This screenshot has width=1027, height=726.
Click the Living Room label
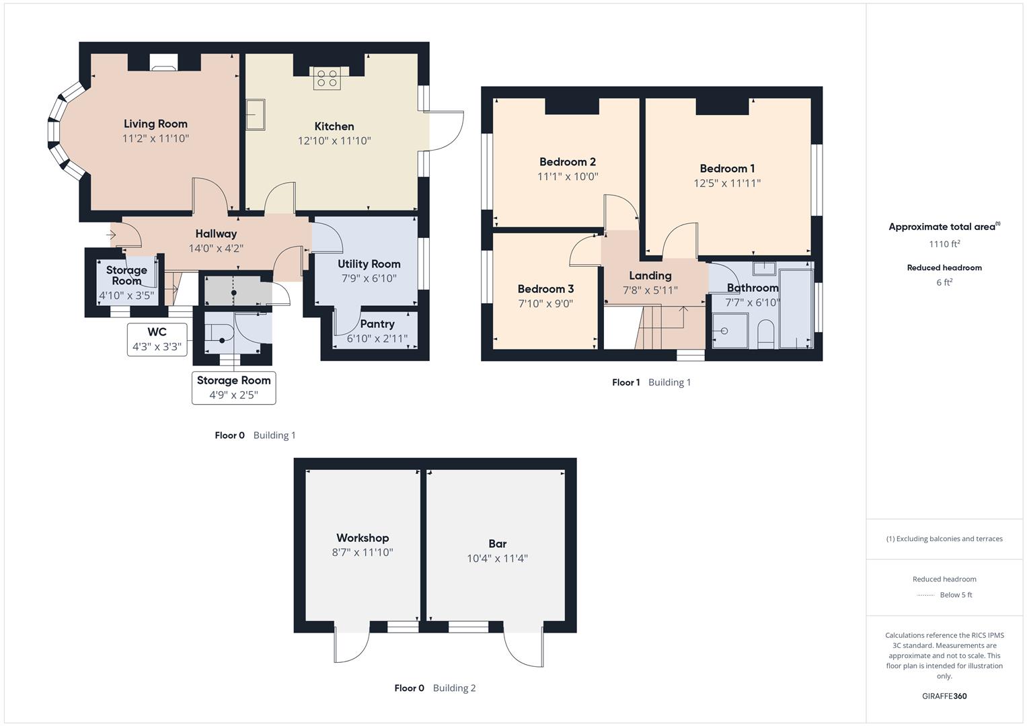pyautogui.click(x=155, y=124)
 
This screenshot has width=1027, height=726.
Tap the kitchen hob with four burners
pyautogui.click(x=327, y=79)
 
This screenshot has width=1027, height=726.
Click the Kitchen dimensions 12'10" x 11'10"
pyautogui.click(x=334, y=141)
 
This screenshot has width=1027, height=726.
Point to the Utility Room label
pyautogui.click(x=369, y=264)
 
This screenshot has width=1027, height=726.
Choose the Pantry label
pyautogui.click(x=377, y=324)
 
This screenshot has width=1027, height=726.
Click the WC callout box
pyautogui.click(x=157, y=339)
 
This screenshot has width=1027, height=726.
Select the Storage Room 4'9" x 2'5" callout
pyautogui.click(x=233, y=388)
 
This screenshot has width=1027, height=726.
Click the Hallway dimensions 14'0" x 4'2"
pyautogui.click(x=216, y=248)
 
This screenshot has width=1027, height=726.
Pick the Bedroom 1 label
pyautogui.click(x=727, y=169)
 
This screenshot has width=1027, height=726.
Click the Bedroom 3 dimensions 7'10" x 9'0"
pyautogui.click(x=545, y=304)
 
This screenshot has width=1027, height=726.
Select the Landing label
pyautogui.click(x=650, y=276)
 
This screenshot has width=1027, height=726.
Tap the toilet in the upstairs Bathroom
pyautogui.click(x=765, y=334)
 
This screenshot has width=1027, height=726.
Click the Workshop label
pyautogui.click(x=363, y=538)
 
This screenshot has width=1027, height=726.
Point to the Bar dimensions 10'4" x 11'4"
pyautogui.click(x=497, y=559)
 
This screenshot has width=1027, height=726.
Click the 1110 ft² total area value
pyautogui.click(x=944, y=244)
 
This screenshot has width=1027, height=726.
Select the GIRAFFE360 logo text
pyautogui.click(x=944, y=696)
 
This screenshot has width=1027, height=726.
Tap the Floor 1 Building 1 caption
pyautogui.click(x=651, y=382)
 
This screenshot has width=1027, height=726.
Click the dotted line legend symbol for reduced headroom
pyautogui.click(x=925, y=595)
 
